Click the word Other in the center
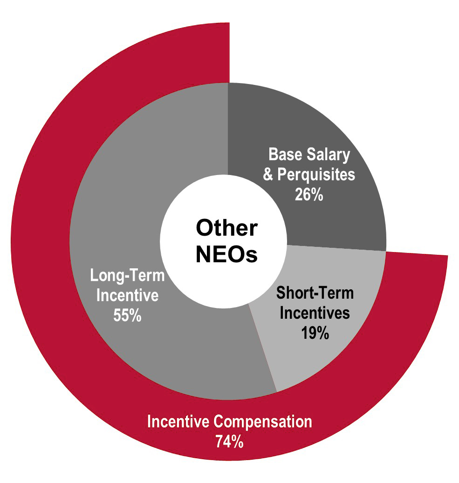click(227, 228)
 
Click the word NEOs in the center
click(227, 254)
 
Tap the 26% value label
click(309, 195)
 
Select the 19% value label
click(315, 333)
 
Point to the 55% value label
click(127, 315)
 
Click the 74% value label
click(229, 441)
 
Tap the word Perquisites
click(316, 175)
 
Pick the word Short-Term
click(315, 293)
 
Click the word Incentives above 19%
click(315, 313)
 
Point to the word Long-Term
click(127, 275)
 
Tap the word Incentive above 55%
click(127, 295)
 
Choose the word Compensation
click(263, 421)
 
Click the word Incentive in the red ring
click(178, 421)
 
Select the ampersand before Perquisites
click(268, 175)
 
